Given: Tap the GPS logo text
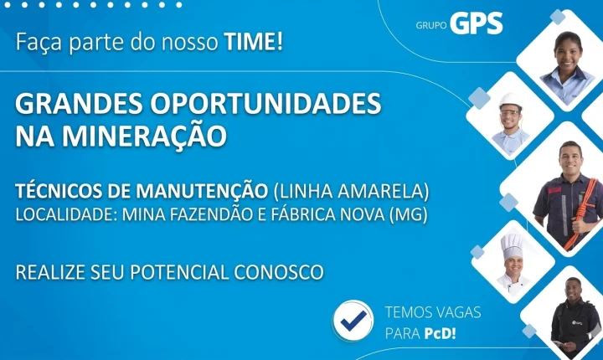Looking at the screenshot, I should (x=476, y=24).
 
